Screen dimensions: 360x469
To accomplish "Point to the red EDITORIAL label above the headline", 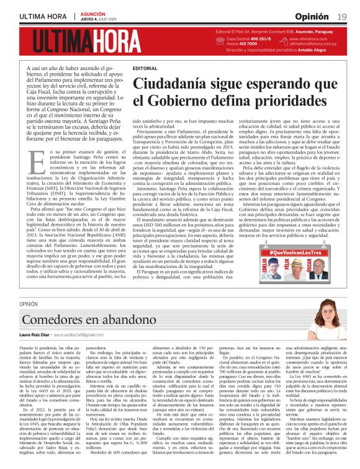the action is [x=145, y=68].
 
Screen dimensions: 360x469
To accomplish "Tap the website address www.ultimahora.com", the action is [x=311, y=38].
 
